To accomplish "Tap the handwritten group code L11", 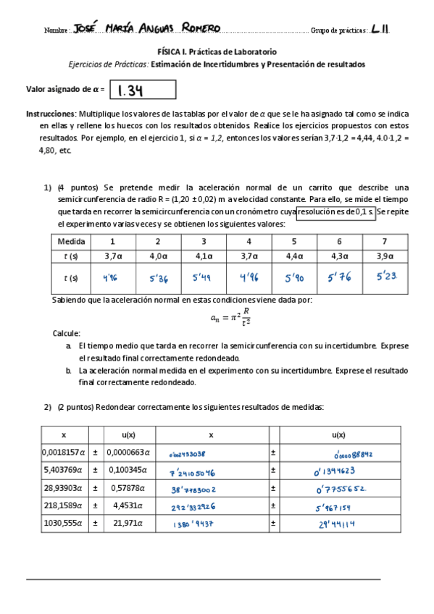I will [x=380, y=29].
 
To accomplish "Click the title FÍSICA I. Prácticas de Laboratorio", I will [x=217, y=52].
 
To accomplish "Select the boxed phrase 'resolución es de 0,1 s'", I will [x=335, y=211].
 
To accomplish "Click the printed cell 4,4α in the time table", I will [x=294, y=256].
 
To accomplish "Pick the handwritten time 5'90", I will [x=294, y=277].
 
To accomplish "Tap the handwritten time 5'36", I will [x=157, y=277].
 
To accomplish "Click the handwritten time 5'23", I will [x=385, y=277].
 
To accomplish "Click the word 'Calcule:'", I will [x=66, y=333].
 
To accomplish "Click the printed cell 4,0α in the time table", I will [x=157, y=256].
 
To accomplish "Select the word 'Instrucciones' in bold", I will [x=50, y=114].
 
